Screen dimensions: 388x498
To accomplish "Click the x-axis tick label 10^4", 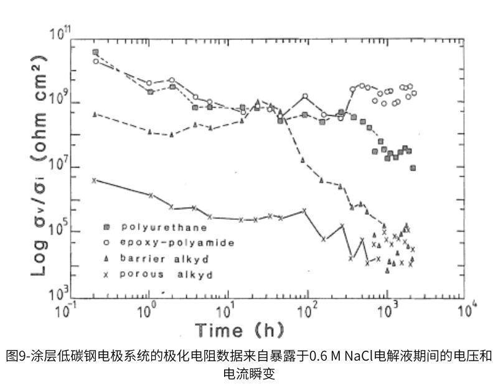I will (x=466, y=310).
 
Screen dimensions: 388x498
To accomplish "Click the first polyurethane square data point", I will (x=95, y=52).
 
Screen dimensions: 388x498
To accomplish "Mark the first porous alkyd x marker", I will (x=94, y=180).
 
